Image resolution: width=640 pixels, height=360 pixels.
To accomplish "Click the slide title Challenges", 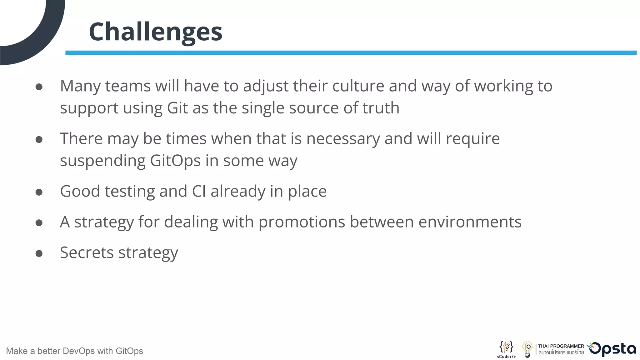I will tap(155, 32).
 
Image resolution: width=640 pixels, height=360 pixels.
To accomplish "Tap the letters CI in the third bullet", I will tap(199, 191).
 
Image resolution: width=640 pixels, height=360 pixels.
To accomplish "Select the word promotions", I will tap(302, 222).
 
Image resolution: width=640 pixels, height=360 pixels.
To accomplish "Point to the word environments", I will tap(470, 222).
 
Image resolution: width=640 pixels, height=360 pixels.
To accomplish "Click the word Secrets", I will tap(87, 252).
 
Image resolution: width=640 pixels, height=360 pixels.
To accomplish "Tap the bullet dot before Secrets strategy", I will tap(39, 253).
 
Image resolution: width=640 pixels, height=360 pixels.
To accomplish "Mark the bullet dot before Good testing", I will tap(39, 192).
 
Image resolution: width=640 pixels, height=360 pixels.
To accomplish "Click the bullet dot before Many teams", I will tap(39, 87).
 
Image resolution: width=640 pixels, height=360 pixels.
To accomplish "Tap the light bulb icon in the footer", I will tap(527, 349).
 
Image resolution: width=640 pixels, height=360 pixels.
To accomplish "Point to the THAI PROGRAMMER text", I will tap(561, 346).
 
